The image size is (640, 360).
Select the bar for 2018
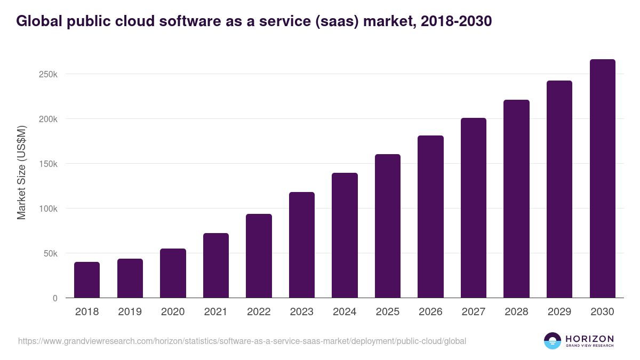(87, 280)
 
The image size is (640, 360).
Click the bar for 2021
(216, 266)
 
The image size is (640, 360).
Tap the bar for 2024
(345, 235)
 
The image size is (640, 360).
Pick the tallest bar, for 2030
(602, 179)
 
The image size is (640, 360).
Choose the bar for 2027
(474, 208)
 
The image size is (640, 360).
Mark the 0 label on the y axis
(54, 298)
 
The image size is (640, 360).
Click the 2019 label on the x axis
(130, 312)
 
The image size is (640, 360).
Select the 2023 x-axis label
(301, 312)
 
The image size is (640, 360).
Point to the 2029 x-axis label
(559, 312)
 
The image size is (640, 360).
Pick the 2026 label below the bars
(430, 312)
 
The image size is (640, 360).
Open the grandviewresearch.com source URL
(242, 341)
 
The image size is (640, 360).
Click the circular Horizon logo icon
(553, 341)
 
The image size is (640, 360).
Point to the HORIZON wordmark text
(589, 338)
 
